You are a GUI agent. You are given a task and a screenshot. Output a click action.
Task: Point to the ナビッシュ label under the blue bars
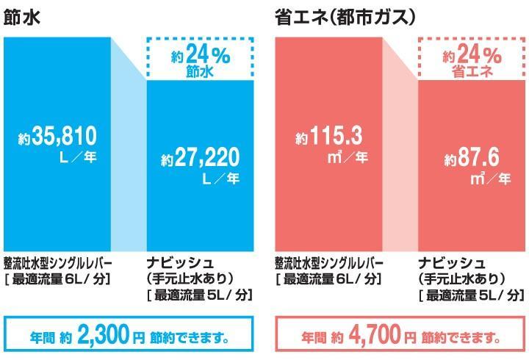[x=180, y=263]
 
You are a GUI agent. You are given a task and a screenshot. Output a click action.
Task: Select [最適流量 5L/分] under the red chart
[x=471, y=295]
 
